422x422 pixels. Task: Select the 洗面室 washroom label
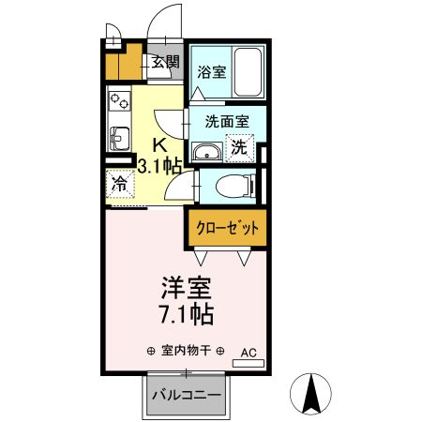coord(226,120)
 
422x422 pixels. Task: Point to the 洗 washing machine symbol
coord(239,146)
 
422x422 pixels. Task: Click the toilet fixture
coord(229,187)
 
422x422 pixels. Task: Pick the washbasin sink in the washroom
coord(206,151)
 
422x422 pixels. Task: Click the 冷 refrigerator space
coord(120,185)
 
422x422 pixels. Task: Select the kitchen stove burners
coord(119,99)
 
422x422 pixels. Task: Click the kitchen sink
coord(119,138)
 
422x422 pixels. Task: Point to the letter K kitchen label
coord(159,145)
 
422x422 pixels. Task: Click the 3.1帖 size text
coord(158,167)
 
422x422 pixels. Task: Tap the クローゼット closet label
coord(227,227)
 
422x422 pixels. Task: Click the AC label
coord(249,353)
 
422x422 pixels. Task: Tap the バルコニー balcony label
coord(188,395)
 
